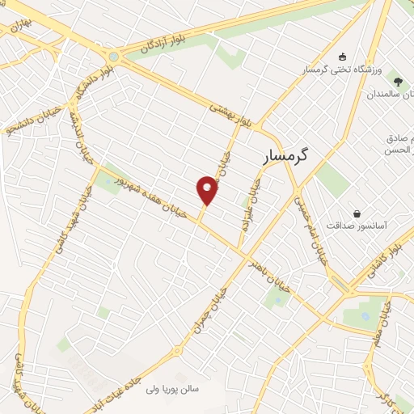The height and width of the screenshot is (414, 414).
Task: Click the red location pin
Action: point(208,191)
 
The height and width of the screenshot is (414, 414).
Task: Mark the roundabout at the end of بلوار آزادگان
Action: point(113,57)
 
